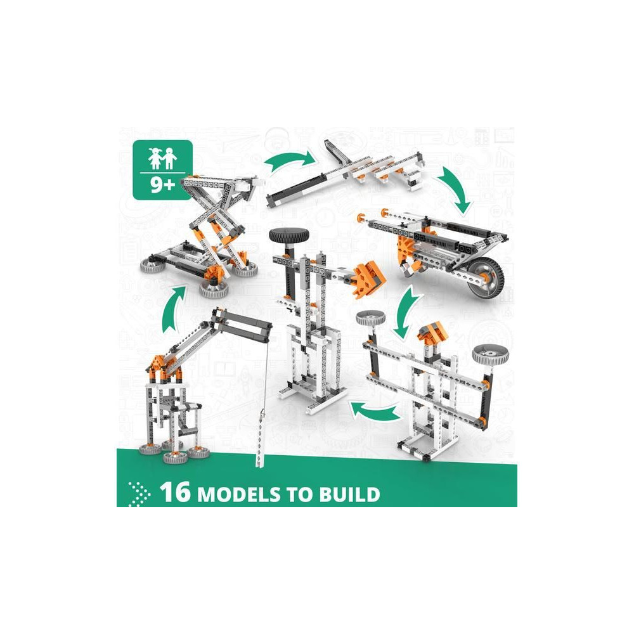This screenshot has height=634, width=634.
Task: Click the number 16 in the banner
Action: [x=175, y=492]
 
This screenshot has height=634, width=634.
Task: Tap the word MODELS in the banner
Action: [x=238, y=494]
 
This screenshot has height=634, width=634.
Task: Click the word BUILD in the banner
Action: [x=349, y=494]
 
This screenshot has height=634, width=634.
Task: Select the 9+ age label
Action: [x=162, y=184]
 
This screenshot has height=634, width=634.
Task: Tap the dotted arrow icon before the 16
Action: [x=139, y=494]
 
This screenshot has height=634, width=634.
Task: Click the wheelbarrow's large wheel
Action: [x=485, y=280]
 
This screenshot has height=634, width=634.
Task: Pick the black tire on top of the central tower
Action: [x=288, y=235]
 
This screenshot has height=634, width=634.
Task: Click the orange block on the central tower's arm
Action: [x=368, y=279]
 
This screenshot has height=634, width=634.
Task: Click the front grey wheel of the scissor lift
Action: [x=214, y=288]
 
